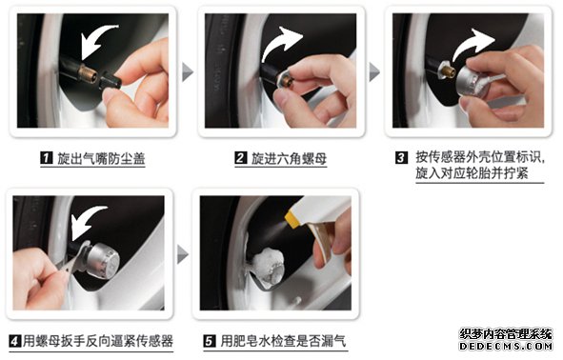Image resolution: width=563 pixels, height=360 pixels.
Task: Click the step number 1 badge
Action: pos(47,158)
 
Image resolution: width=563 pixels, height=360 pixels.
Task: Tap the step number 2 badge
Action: pos(241,158)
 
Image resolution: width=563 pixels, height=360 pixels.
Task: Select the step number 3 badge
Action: pos(401,157)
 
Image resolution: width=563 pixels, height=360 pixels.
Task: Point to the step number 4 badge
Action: pos(15,341)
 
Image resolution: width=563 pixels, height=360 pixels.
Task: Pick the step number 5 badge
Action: pos(210,341)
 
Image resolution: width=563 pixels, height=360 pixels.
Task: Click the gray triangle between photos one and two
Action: pos(187,71)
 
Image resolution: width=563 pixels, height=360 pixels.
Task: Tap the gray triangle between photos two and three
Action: pos(373,71)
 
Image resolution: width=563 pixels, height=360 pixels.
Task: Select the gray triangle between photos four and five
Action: pos(182,254)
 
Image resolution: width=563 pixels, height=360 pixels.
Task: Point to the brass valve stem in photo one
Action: pos(88,73)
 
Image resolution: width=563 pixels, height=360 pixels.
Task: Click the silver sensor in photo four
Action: pos(102,260)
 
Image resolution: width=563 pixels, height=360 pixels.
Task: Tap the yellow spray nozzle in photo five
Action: pos(292,219)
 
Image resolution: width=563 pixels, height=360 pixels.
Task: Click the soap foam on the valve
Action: pos(268,264)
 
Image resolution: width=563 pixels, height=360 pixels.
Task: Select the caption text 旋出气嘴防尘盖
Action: pos(101,158)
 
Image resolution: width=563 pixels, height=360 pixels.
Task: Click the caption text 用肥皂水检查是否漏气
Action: pos(283,341)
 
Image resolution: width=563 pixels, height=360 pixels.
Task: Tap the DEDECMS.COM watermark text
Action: pos(506,347)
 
